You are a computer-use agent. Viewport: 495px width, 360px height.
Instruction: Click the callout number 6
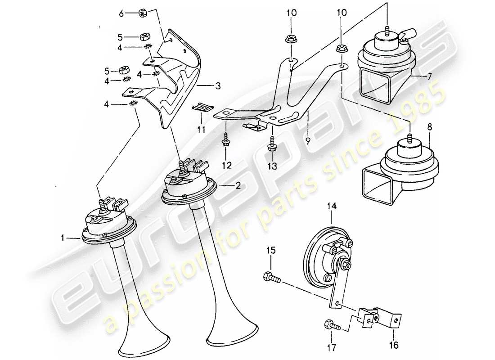click(121, 14)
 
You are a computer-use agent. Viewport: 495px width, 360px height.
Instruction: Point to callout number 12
click(226, 166)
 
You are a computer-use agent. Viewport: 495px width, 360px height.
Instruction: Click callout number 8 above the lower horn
click(429, 127)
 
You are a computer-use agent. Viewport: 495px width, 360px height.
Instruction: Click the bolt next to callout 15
click(271, 277)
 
